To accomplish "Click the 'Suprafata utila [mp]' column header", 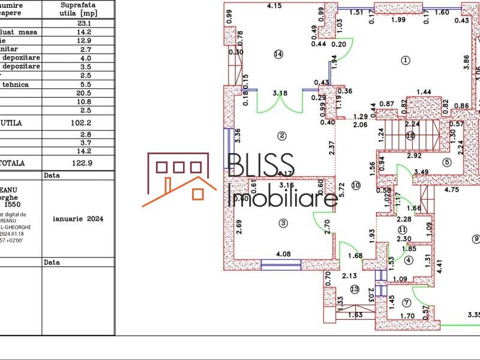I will (x=79, y=8).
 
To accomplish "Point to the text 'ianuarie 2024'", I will (x=79, y=219).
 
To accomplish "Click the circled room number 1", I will (x=405, y=60).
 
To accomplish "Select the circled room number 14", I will (x=278, y=54).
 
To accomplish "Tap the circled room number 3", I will (x=283, y=223).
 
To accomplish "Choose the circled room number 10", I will (x=356, y=185).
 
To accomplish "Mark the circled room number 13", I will (x=355, y=289).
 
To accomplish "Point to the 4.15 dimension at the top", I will (x=274, y=6).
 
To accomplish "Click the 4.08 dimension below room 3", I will (x=283, y=254).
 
